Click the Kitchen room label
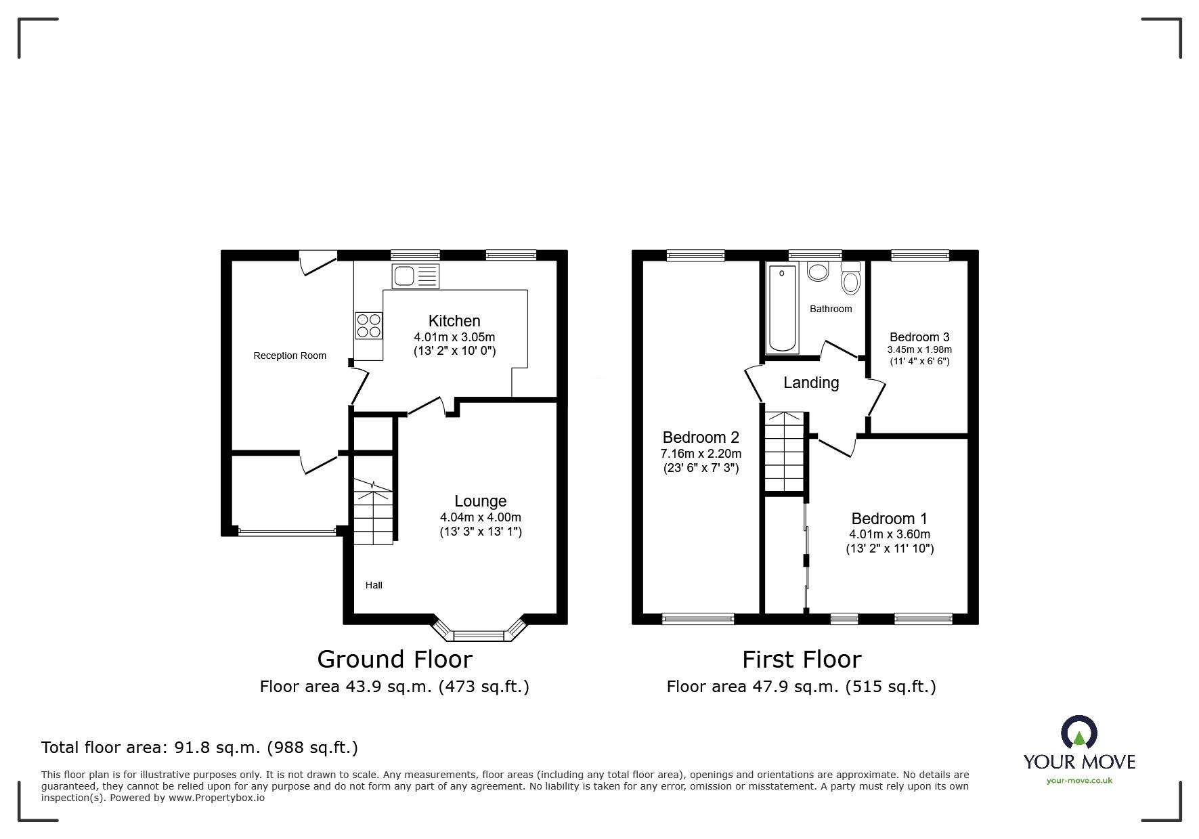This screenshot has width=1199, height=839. (x=454, y=321)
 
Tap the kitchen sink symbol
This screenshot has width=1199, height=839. (x=415, y=276)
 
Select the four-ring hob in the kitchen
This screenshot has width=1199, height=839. (x=368, y=325)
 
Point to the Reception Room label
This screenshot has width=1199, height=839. (x=290, y=356)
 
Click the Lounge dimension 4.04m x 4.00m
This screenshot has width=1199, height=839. (x=481, y=517)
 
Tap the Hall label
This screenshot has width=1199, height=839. (x=374, y=585)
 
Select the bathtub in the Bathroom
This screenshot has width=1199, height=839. (x=782, y=308)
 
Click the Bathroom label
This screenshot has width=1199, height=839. (x=831, y=309)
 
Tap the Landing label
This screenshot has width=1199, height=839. (x=811, y=383)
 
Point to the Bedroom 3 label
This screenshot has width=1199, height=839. (x=919, y=337)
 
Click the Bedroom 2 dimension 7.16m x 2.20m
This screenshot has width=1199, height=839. (x=701, y=454)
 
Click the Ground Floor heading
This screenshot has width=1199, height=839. (x=395, y=659)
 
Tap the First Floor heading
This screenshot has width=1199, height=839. (x=802, y=659)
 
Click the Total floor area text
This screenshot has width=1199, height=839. (x=200, y=748)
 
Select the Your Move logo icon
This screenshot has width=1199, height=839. (x=1079, y=733)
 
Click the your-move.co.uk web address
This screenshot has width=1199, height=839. (x=1079, y=781)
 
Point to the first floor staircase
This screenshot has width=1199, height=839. (x=785, y=450)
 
